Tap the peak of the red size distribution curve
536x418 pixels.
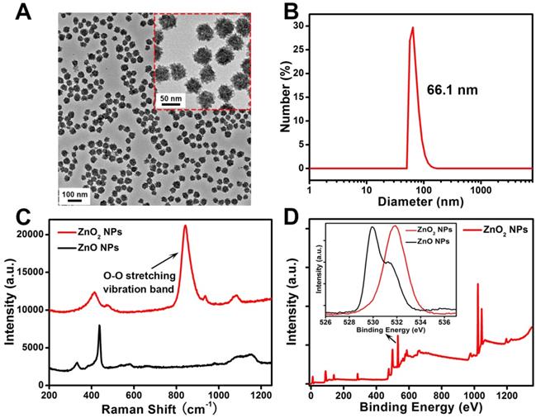click(x=412, y=27)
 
